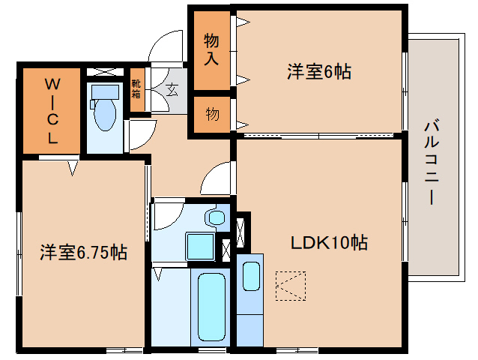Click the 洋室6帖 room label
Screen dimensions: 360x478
pyautogui.click(x=319, y=72)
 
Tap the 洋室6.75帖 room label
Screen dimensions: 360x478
pyautogui.click(x=83, y=253)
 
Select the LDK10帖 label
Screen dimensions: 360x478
pyautogui.click(x=329, y=242)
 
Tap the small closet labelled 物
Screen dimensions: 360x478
pyautogui.click(x=212, y=114)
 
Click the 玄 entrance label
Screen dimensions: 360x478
pyautogui.click(x=172, y=91)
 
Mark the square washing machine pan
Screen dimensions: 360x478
pyautogui.click(x=200, y=246)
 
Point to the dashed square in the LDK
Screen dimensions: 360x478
pyautogui.click(x=291, y=285)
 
